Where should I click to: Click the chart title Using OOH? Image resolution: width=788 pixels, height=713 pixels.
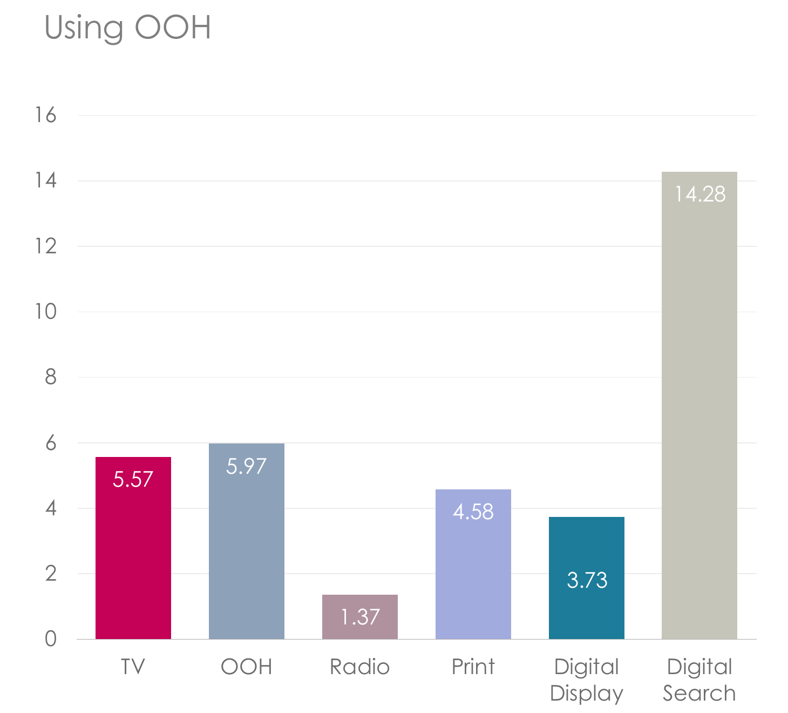[128, 28]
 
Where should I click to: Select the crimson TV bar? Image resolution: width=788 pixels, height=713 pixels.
[133, 548]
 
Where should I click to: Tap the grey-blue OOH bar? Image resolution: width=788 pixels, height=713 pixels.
[246, 541]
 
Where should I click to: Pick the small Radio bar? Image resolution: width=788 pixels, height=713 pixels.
[360, 617]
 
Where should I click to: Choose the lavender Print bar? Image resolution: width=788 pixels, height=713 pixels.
[473, 564]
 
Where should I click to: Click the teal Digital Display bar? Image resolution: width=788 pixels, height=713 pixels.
[587, 578]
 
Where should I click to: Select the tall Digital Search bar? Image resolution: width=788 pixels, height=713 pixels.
[699, 406]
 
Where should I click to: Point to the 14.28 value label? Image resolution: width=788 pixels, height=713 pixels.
[700, 194]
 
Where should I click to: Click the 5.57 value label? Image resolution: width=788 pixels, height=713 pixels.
[133, 479]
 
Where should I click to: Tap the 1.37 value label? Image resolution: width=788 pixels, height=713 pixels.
[360, 617]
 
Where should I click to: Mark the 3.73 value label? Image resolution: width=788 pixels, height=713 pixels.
[587, 580]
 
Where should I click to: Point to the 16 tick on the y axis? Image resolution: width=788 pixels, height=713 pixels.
[46, 115]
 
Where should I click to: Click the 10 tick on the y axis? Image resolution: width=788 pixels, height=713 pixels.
[46, 312]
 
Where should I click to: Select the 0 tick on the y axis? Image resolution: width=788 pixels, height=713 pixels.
[51, 638]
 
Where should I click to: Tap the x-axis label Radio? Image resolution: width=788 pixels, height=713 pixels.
[360, 667]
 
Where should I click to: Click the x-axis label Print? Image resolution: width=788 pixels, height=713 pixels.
[473, 667]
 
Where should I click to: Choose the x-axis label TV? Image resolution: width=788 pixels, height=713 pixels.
[133, 667]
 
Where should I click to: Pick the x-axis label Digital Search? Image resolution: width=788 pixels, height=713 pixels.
[699, 680]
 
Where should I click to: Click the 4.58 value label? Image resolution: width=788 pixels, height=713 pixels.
[473, 512]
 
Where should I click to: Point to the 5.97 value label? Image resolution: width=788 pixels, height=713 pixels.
[246, 466]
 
